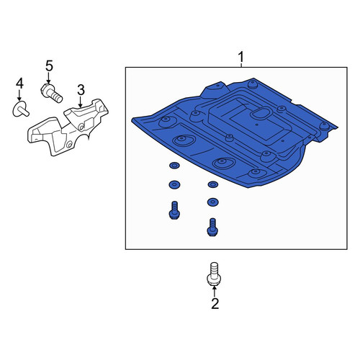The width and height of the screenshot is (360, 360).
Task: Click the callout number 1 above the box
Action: pyautogui.click(x=240, y=58)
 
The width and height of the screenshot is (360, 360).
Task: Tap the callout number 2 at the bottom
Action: pyautogui.click(x=215, y=304)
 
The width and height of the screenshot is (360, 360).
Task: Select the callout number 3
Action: pyautogui.click(x=81, y=90)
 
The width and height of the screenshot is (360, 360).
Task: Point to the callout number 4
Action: pyautogui.click(x=19, y=84)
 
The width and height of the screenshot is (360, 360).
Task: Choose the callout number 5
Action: pyautogui.click(x=49, y=66)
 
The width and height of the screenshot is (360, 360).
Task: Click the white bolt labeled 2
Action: pyautogui.click(x=214, y=274)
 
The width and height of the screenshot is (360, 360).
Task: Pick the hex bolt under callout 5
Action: pyautogui.click(x=51, y=92)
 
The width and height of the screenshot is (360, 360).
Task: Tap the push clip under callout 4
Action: pyautogui.click(x=21, y=109)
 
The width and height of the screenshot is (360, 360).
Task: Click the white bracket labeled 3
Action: pyautogui.click(x=68, y=127)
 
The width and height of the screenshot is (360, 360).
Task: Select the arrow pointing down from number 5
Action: pyautogui.click(x=49, y=78)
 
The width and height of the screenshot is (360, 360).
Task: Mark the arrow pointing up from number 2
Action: pyautogui.click(x=214, y=292)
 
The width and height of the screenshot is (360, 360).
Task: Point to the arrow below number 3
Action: pyautogui.click(x=81, y=102)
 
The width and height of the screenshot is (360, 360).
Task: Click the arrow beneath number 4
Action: pyautogui.click(x=19, y=96)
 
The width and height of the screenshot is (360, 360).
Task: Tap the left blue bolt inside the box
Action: pyautogui.click(x=174, y=210)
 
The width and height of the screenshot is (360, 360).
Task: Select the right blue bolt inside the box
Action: pyautogui.click(x=212, y=227)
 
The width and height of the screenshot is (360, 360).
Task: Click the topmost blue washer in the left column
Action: pyautogui.click(x=174, y=166)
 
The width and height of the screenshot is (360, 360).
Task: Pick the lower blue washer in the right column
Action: pyautogui.click(x=212, y=202)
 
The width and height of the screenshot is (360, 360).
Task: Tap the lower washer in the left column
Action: pyautogui.click(x=174, y=184)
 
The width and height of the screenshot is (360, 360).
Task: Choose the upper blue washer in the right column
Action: pyautogui.click(x=212, y=184)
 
